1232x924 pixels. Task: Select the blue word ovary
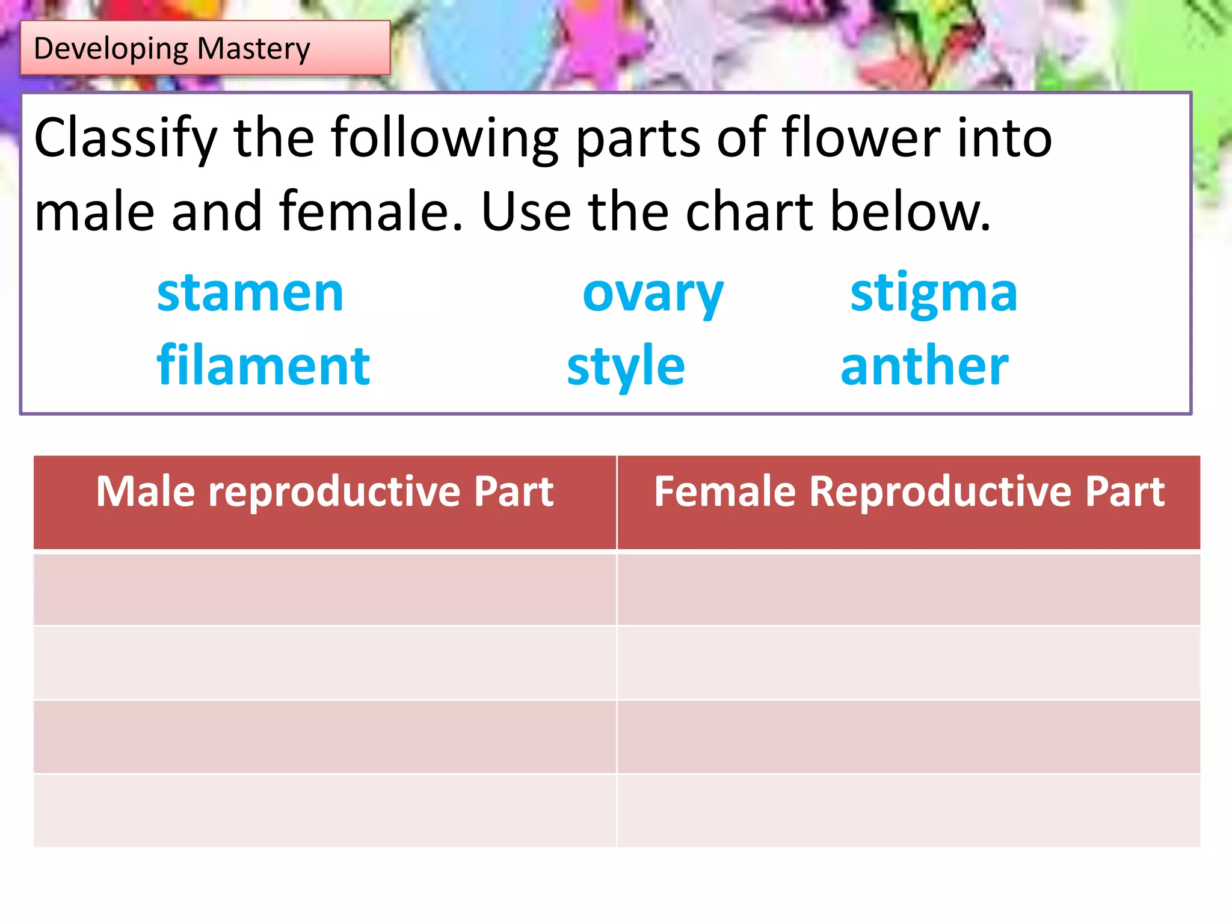point(653,295)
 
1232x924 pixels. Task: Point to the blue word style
point(626,367)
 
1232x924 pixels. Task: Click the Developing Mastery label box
point(205,48)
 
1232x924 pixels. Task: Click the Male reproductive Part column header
point(325,492)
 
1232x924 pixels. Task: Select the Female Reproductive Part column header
point(908,492)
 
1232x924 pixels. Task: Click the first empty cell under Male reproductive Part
point(325,589)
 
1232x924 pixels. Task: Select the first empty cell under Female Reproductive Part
point(908,589)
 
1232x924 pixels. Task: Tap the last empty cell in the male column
point(325,810)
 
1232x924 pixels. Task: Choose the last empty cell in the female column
point(908,810)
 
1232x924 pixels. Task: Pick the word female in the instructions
point(371,212)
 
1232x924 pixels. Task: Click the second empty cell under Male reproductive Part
point(325,662)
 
